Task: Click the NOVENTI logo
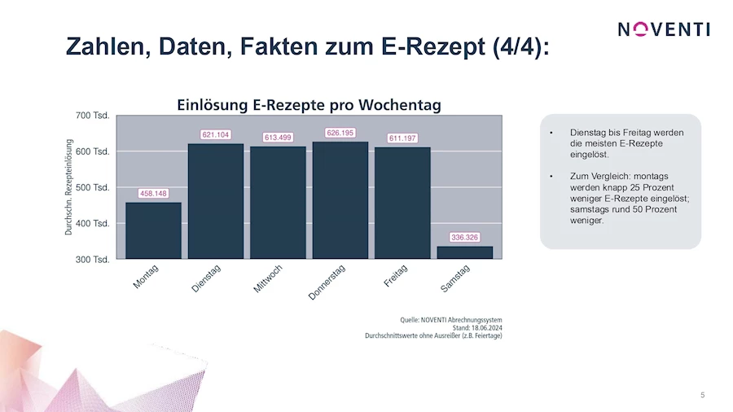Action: pyautogui.click(x=663, y=29)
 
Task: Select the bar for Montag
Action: pyautogui.click(x=153, y=230)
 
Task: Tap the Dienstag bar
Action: pyautogui.click(x=216, y=201)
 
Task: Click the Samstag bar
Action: pyautogui.click(x=465, y=252)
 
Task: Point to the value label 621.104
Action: pyautogui.click(x=216, y=134)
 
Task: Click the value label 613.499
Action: pyautogui.click(x=278, y=137)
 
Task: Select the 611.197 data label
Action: pyautogui.click(x=402, y=138)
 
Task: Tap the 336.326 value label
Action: pyautogui.click(x=465, y=237)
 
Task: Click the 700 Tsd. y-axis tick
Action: pyautogui.click(x=94, y=116)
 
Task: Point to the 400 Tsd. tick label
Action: pyautogui.click(x=94, y=223)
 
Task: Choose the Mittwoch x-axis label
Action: pyautogui.click(x=268, y=279)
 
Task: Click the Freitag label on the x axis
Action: pyautogui.click(x=396, y=275)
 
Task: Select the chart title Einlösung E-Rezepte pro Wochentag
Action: pyautogui.click(x=309, y=104)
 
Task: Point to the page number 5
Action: pyautogui.click(x=703, y=396)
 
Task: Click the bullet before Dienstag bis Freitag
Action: pyautogui.click(x=552, y=133)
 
